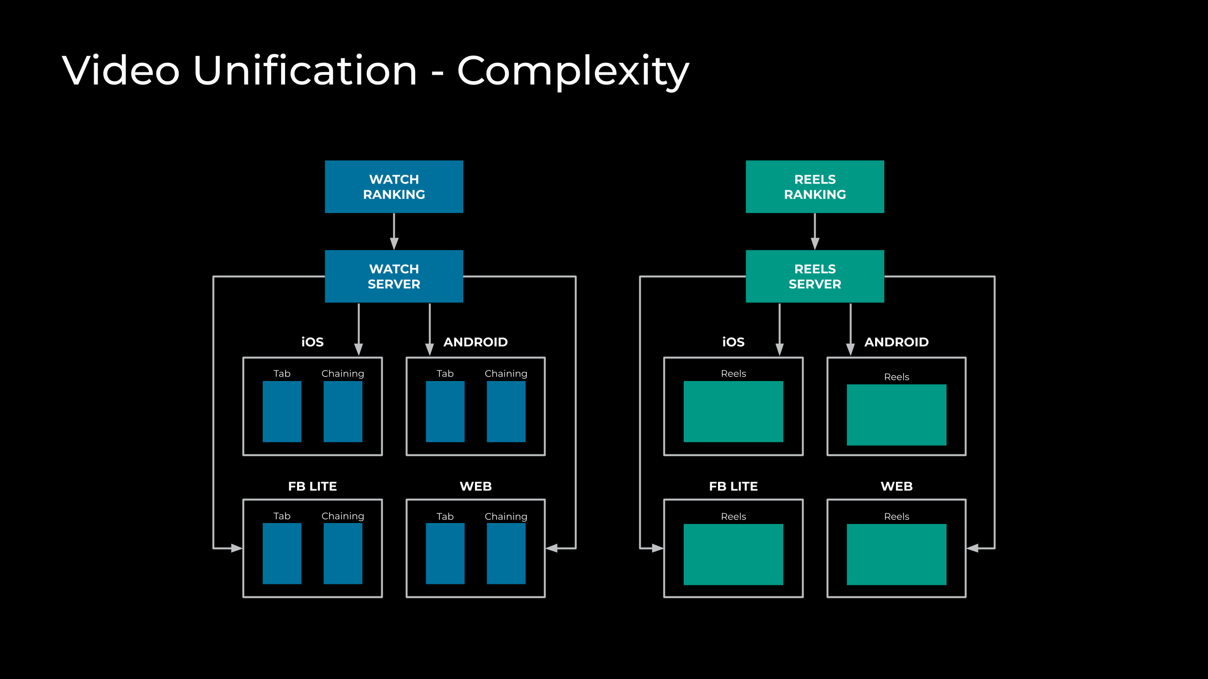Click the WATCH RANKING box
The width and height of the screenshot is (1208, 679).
pyautogui.click(x=394, y=186)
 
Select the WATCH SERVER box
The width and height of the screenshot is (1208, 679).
pyautogui.click(x=394, y=276)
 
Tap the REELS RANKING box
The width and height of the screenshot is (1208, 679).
pyautogui.click(x=815, y=186)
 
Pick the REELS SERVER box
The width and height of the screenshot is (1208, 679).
pyautogui.click(x=815, y=276)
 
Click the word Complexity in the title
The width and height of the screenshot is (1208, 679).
pyautogui.click(x=573, y=71)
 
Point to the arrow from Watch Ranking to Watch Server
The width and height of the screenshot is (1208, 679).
pyautogui.click(x=394, y=232)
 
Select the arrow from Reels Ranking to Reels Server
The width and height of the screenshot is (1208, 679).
pyautogui.click(x=815, y=232)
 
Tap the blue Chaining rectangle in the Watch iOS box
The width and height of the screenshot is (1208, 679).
pyautogui.click(x=343, y=411)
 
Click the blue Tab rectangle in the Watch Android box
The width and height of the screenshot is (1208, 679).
pyautogui.click(x=445, y=411)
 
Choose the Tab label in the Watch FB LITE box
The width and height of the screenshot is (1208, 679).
pyautogui.click(x=282, y=516)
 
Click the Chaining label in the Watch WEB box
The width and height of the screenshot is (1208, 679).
pyautogui.click(x=506, y=516)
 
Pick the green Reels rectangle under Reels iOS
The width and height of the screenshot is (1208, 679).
pyautogui.click(x=733, y=411)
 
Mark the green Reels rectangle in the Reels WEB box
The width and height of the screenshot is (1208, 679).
pyautogui.click(x=896, y=554)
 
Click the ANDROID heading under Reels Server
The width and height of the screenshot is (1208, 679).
pyautogui.click(x=896, y=342)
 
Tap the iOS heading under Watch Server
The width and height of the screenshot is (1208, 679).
pyautogui.click(x=312, y=342)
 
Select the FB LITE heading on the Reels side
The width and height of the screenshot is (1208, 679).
pyautogui.click(x=733, y=486)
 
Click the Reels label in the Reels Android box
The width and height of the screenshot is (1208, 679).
pyautogui.click(x=896, y=377)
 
